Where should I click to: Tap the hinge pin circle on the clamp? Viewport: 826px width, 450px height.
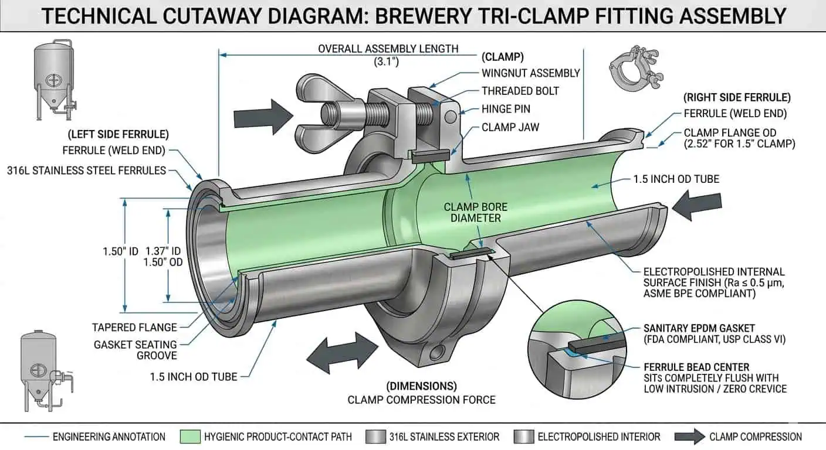[450, 117]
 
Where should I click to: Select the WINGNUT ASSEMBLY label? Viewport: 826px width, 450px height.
[530, 73]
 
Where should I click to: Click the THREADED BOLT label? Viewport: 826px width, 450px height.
[520, 91]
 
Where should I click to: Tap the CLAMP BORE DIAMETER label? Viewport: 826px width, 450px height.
[475, 212]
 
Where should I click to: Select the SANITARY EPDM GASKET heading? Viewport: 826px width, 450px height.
[698, 328]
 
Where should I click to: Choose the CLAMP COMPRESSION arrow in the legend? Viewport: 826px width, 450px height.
[689, 437]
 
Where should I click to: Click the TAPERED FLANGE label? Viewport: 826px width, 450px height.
[134, 328]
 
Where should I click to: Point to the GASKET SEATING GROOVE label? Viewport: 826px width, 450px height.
[135, 350]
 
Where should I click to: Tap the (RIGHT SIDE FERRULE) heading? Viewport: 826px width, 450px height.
[737, 97]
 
